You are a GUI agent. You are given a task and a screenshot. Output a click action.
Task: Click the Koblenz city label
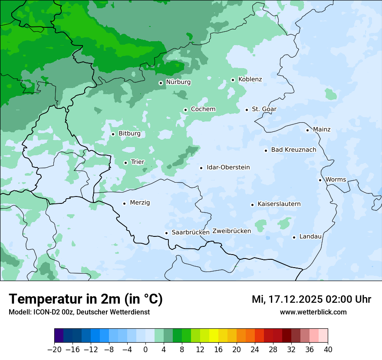click(x=250, y=79)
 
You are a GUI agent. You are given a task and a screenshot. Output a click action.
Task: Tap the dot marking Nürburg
click(x=161, y=82)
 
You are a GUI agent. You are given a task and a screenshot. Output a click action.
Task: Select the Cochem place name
click(x=203, y=109)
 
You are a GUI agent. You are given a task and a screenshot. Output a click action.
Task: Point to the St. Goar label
click(x=264, y=109)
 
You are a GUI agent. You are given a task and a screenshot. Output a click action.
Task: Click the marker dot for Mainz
click(x=307, y=130)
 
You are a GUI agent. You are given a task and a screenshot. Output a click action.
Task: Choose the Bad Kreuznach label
click(x=293, y=150)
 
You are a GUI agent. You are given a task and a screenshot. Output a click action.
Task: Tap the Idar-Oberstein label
click(x=228, y=167)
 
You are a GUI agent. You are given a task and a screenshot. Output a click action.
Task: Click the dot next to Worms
click(x=320, y=180)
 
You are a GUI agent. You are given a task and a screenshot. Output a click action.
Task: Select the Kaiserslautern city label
click(x=279, y=204)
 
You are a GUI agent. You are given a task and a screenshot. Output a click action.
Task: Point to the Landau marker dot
click(x=294, y=237)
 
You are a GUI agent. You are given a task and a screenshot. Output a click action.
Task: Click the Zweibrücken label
click(x=231, y=231)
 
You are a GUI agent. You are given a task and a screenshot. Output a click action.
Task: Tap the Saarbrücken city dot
click(x=166, y=233)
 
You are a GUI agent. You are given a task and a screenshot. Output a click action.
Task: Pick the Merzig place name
click(x=140, y=203)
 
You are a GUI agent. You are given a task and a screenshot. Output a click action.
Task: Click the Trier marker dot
click(x=125, y=163)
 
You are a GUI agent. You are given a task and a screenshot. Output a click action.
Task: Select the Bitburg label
click(x=129, y=134)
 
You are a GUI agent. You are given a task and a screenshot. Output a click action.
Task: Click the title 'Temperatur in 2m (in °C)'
click(x=86, y=299)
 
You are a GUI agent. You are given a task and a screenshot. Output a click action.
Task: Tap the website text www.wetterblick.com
click(x=313, y=312)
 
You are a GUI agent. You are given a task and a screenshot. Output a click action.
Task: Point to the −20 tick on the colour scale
click(x=54, y=350)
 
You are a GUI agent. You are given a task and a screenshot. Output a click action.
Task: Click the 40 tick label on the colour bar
click(x=328, y=350)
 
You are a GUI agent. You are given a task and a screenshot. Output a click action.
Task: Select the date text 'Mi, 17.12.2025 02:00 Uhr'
click(x=311, y=299)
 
